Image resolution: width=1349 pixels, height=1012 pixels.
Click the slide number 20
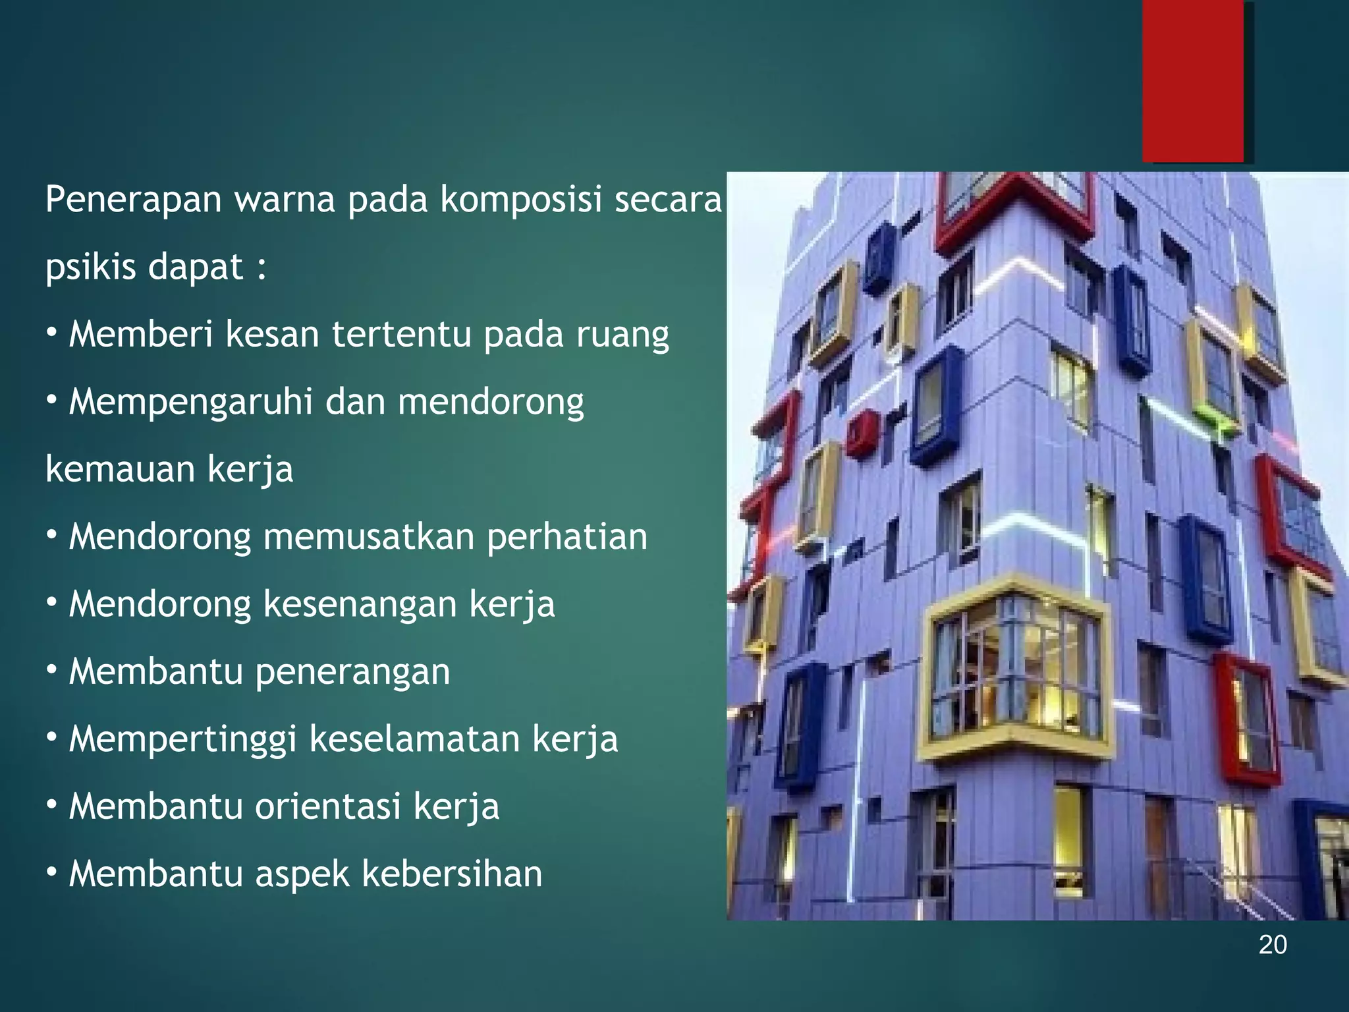tap(1273, 945)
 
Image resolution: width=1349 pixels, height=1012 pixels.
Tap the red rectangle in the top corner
tap(1193, 80)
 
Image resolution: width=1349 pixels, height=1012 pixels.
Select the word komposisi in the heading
tap(521, 199)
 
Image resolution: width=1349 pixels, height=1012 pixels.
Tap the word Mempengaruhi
tap(190, 402)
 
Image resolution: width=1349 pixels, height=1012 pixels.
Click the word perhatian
tap(566, 536)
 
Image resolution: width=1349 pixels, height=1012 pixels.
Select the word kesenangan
tap(360, 604)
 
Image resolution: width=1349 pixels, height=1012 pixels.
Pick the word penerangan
tap(352, 672)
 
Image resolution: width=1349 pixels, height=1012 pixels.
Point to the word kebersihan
tap(452, 874)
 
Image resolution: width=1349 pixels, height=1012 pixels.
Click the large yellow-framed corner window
tap(1014, 672)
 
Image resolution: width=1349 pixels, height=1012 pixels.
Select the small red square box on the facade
tap(861, 432)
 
